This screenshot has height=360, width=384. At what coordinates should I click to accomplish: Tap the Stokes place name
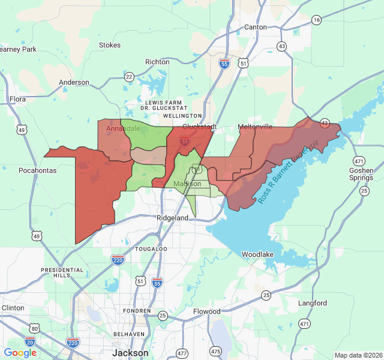coord(110,45)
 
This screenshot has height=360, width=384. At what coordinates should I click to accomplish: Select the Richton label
coord(157,62)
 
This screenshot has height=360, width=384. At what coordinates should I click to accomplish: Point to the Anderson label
coord(74,83)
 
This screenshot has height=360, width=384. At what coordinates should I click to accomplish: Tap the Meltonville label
coord(255,127)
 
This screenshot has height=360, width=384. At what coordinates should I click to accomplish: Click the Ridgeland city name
coord(173,218)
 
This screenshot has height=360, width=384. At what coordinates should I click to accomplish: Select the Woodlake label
coord(257,254)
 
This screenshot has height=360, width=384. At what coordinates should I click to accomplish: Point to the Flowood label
coord(207,311)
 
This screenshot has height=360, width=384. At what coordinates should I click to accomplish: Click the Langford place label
coord(313,303)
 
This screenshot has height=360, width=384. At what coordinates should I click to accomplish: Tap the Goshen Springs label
coord(361,174)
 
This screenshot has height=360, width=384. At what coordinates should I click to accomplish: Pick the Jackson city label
coord(130,353)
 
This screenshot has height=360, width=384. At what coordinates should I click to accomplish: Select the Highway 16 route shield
coord(316,20)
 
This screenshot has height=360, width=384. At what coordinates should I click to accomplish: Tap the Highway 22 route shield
coord(129,77)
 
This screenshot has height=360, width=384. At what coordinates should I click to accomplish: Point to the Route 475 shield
coord(215,350)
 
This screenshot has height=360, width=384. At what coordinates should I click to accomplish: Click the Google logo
coord(20,353)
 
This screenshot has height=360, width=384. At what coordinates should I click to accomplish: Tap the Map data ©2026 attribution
coord(358,355)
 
